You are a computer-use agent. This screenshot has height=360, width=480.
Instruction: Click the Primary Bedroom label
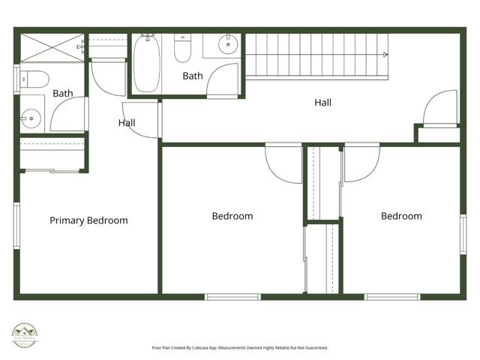(x=88, y=220)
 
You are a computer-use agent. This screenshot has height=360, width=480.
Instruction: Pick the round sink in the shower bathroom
(x=31, y=117)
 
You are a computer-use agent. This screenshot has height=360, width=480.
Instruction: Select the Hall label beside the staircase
(x=322, y=103)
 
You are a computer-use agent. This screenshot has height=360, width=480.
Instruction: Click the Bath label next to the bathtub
(x=193, y=76)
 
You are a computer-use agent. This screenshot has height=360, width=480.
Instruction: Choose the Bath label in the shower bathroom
(x=63, y=94)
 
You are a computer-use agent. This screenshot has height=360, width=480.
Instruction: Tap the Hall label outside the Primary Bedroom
(x=127, y=123)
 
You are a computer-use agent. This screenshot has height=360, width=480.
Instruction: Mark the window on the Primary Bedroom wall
(x=16, y=225)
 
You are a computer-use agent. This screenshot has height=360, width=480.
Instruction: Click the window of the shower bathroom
(x=16, y=79)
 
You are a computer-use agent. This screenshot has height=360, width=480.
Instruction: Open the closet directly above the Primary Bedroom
(x=52, y=155)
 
